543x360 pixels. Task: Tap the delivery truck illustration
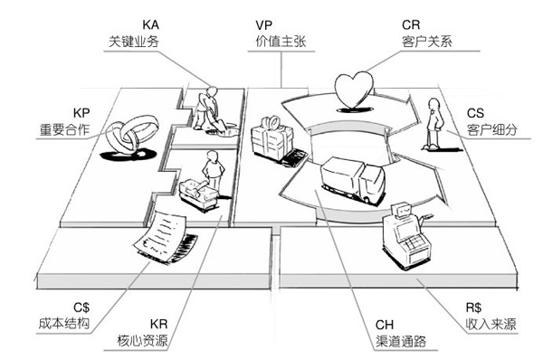tap(351, 177)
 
